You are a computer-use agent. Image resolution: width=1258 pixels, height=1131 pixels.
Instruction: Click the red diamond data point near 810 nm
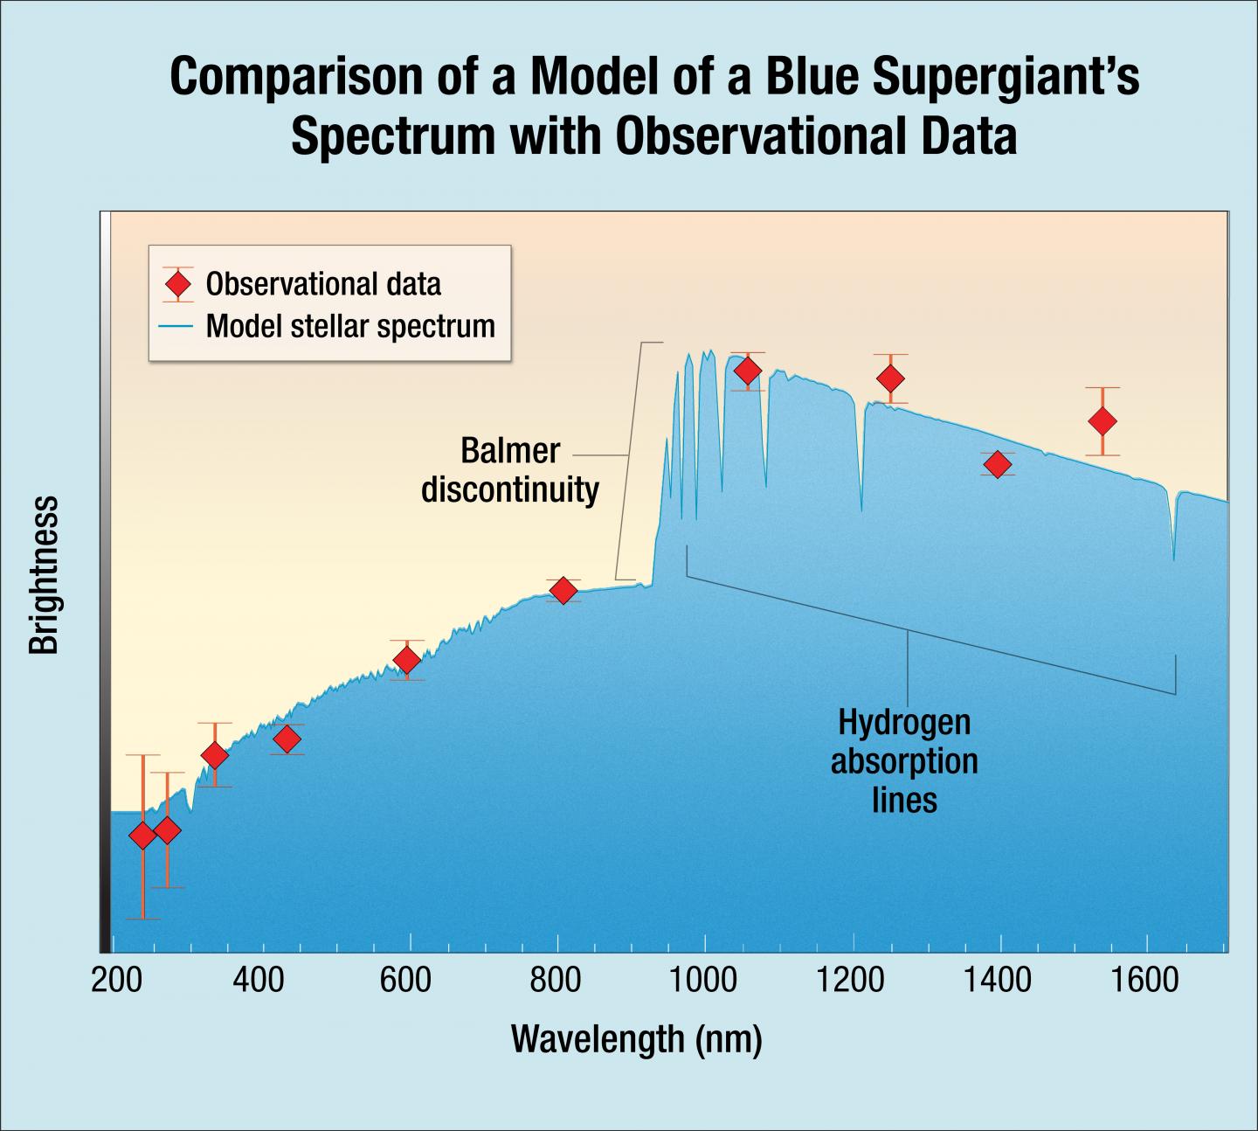click(x=563, y=591)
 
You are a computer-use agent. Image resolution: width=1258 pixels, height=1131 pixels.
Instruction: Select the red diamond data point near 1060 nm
click(x=747, y=371)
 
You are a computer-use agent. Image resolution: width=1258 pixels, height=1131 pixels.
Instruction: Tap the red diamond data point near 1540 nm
click(x=1102, y=421)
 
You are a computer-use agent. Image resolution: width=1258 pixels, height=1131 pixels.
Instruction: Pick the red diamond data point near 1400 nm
click(x=997, y=464)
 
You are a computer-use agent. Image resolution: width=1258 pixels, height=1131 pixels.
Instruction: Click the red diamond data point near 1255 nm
click(x=890, y=378)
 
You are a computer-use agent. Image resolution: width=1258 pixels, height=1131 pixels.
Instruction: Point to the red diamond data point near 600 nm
click(x=406, y=660)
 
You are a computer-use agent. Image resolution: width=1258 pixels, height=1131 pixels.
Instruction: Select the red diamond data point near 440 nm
click(x=287, y=739)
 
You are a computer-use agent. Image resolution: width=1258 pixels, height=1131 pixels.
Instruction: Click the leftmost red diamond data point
click(x=142, y=836)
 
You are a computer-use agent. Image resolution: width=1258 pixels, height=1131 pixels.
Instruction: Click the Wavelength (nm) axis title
click(x=636, y=1039)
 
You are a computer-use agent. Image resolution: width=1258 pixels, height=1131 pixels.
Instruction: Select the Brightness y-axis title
click(x=44, y=574)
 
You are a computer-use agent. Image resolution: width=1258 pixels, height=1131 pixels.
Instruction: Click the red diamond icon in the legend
click(x=178, y=283)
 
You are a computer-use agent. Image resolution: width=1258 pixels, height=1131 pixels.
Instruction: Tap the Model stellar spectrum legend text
click(x=350, y=326)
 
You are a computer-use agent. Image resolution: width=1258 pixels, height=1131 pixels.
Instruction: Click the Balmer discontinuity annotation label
click(x=510, y=470)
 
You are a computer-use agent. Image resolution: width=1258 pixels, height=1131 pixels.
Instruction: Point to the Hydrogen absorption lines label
click(x=904, y=761)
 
